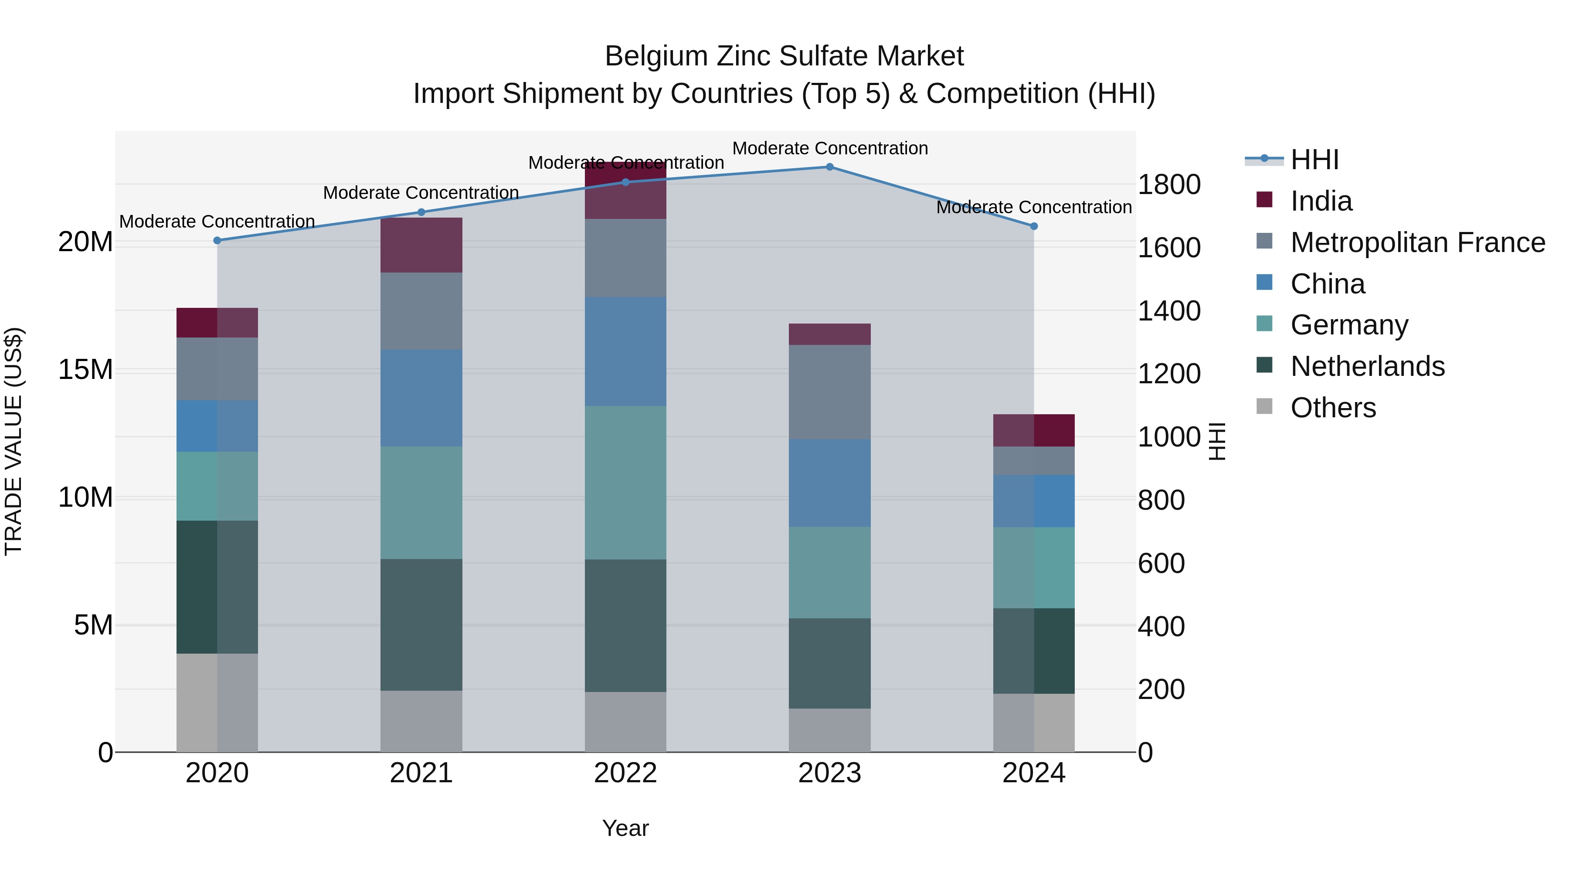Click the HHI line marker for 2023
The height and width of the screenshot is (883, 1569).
tap(829, 167)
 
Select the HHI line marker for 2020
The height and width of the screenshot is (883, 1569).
tap(217, 241)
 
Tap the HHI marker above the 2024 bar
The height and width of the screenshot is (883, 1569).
tap(1034, 226)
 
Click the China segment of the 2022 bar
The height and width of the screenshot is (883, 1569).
tap(625, 351)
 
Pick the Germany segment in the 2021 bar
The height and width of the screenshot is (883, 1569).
tap(421, 503)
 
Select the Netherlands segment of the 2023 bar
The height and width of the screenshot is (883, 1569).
tap(829, 664)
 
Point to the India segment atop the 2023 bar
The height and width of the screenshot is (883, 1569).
tap(829, 334)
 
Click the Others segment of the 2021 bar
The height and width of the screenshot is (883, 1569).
tap(421, 722)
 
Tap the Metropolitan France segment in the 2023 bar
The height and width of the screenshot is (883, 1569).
tap(829, 392)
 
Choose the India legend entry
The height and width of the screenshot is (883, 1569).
tap(1321, 201)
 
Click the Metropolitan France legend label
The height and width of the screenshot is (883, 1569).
tap(1417, 242)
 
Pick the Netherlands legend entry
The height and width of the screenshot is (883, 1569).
tap(1367, 366)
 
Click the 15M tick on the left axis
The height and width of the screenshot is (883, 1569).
tap(85, 370)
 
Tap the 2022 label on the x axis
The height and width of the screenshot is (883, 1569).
tap(625, 773)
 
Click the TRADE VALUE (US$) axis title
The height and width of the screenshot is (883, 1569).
tap(14, 441)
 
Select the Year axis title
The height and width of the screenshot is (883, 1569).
tap(625, 828)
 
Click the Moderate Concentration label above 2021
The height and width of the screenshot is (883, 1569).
tap(421, 193)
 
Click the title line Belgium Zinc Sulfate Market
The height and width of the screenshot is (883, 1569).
tap(784, 56)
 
